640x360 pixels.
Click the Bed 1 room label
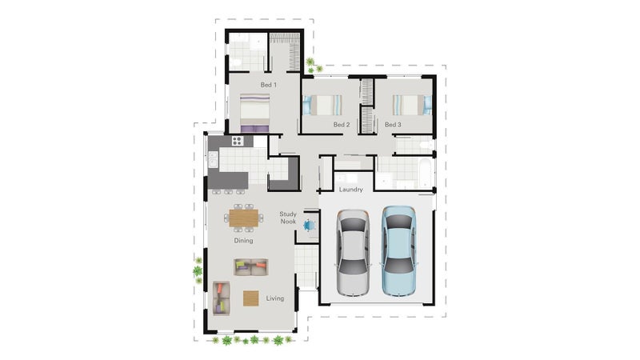269,85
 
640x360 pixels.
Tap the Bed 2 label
342,125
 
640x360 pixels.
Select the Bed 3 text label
393,125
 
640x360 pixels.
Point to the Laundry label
350,190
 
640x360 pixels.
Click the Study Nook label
288,218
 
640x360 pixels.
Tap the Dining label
243,241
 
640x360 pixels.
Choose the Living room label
275,298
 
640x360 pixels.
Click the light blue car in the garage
398,250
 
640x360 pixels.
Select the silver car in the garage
354,253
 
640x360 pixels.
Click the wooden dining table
244,218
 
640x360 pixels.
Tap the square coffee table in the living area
251,298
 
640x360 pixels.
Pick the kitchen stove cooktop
237,142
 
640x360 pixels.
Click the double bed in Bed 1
254,113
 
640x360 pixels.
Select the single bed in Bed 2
322,105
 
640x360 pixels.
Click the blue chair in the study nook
309,225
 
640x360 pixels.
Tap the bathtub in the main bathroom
425,173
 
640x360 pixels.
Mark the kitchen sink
213,159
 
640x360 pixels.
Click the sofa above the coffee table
251,267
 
